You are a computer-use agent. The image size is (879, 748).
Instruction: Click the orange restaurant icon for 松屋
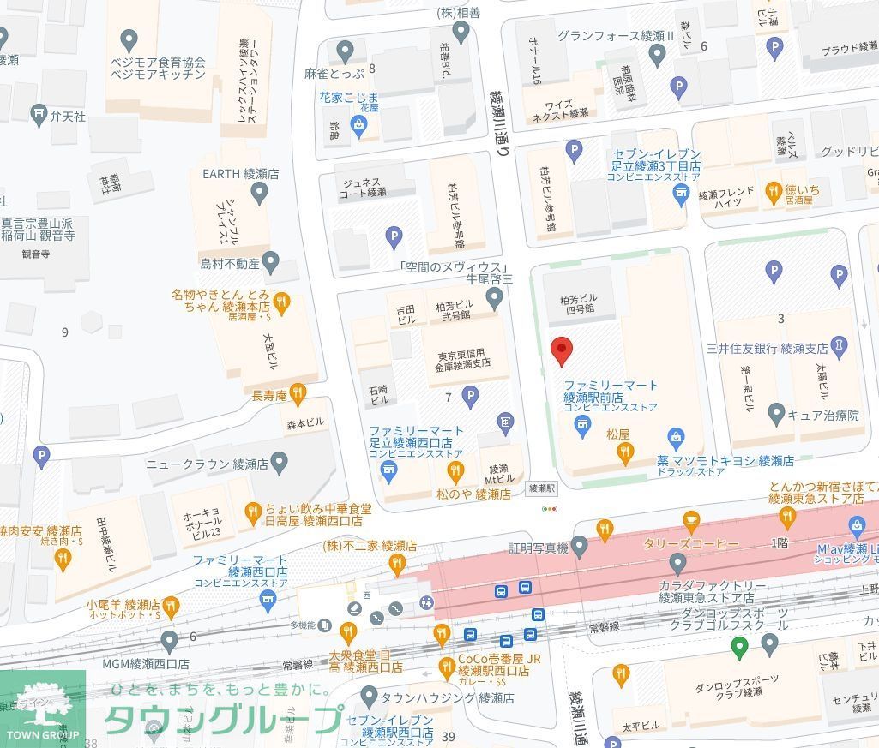tap(626, 452)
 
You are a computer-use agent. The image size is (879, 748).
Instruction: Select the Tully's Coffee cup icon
tap(691, 520)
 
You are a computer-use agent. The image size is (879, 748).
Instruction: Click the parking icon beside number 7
tap(470, 396)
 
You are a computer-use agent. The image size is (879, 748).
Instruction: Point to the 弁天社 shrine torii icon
tap(39, 113)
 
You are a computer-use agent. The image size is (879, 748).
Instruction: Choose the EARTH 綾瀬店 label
tap(241, 174)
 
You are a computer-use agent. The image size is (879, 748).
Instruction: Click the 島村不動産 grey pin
tap(271, 263)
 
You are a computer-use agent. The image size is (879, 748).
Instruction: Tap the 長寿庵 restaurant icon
tap(298, 395)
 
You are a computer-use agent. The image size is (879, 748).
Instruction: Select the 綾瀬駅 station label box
tap(543, 488)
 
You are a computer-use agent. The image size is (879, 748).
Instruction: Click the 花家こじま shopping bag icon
tap(358, 128)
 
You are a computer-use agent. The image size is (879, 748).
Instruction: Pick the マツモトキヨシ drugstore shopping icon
tap(677, 438)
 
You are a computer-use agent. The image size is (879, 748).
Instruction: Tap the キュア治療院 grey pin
tap(776, 415)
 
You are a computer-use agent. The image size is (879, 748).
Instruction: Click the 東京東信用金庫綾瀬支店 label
tap(463, 358)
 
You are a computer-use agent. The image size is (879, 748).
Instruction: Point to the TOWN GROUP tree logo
tap(42, 708)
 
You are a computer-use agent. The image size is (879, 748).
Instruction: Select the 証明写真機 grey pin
tap(580, 546)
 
